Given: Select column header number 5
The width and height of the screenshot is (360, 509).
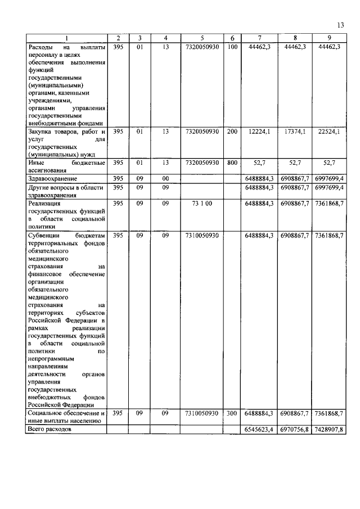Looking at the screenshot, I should click(201, 38).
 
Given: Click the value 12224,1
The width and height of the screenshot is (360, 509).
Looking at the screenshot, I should click(259, 132).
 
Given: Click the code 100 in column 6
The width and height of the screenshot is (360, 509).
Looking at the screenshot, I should click(232, 47).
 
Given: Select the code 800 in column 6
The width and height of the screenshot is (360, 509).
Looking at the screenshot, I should click(232, 163).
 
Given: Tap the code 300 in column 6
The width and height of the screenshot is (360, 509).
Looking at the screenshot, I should click(232, 413).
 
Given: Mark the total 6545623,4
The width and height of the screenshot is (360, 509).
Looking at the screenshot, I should click(259, 429).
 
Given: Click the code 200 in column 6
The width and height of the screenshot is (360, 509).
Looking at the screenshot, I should click(232, 132).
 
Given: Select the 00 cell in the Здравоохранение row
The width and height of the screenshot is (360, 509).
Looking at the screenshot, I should click(165, 178).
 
